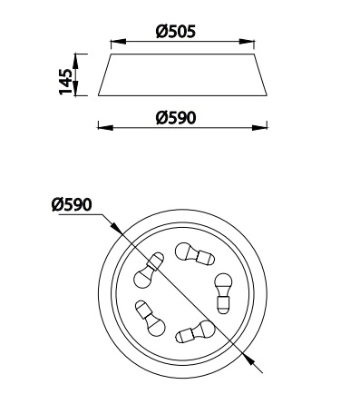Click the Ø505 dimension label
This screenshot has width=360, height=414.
click(176, 31)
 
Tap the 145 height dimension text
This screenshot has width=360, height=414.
click(65, 82)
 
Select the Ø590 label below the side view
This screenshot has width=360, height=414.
click(176, 118)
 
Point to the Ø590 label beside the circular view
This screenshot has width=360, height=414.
click(72, 205)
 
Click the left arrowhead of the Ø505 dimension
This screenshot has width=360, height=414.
click(118, 42)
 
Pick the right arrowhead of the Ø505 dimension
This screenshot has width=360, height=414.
click(247, 42)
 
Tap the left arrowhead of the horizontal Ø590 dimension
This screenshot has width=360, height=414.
click(105, 128)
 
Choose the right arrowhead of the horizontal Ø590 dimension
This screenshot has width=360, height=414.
click(259, 128)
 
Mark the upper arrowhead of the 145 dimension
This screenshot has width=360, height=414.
click(75, 62)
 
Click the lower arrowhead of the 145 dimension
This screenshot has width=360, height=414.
click(75, 88)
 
